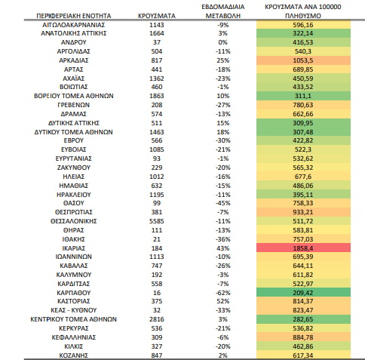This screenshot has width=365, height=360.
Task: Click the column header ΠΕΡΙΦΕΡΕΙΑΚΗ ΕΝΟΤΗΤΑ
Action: coord(74,16)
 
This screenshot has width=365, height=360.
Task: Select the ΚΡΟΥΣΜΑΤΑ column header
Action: coord(157,16)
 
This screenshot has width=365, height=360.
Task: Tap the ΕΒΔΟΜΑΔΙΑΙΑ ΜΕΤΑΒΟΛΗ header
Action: coord(223,11)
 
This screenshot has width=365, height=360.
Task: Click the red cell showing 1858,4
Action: coord(303,248)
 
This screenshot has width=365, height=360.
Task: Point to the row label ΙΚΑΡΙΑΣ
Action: coord(74,248)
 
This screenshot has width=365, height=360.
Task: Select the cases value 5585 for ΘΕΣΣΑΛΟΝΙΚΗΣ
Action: coord(157,221)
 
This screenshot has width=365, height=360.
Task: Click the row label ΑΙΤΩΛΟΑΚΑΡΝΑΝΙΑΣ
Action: coord(74,25)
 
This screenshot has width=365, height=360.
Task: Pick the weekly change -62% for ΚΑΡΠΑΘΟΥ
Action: coord(223,293)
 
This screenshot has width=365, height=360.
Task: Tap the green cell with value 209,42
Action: coord(303,292)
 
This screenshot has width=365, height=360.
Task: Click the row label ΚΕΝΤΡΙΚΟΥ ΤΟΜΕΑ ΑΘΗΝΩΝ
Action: coord(74,319)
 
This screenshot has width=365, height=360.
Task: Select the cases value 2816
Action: coord(157,319)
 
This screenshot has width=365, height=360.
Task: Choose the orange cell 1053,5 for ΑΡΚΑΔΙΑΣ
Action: coord(303,60)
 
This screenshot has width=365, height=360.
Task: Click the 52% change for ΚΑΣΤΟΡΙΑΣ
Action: coord(223,301)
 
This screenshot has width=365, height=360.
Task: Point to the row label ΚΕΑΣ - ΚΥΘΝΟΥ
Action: coord(74,310)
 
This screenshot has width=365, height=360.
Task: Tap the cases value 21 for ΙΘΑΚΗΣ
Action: coord(157,239)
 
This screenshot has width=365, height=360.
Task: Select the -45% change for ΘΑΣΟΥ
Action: coord(223,203)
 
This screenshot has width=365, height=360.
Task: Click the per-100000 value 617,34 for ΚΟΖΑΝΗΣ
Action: coord(303,355)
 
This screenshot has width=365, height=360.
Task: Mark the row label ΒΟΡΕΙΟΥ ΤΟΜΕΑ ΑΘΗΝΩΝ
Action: coord(74,96)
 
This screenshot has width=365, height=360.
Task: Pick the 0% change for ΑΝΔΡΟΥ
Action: coord(223,42)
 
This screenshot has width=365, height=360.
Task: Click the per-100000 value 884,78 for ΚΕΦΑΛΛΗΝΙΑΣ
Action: coord(303,337)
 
